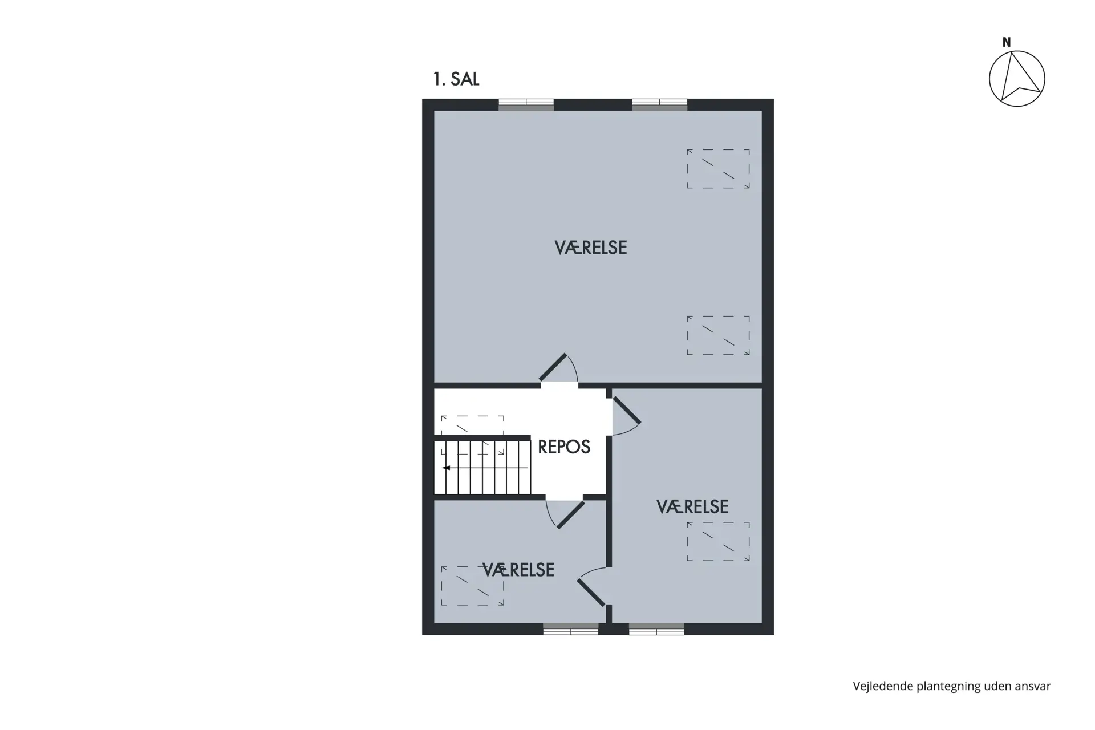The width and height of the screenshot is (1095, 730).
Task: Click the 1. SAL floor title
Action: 456,79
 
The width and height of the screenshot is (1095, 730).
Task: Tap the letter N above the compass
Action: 1007,42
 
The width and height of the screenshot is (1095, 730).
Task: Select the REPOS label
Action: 564,447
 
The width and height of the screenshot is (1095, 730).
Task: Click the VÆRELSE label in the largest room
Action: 591,248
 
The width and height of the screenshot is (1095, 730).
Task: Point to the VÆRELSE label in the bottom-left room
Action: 518,570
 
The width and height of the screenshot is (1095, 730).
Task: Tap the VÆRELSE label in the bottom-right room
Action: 692,506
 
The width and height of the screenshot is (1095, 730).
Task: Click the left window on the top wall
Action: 526,104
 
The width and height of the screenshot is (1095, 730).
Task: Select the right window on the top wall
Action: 659,104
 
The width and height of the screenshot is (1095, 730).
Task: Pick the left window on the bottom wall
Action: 571,629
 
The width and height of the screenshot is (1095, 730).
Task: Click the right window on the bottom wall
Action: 656,629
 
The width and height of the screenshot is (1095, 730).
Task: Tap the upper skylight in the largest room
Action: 718,169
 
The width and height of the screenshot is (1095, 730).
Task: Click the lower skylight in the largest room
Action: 718,335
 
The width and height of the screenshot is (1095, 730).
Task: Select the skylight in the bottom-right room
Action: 718,541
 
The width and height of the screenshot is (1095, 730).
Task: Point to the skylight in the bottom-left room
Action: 473,586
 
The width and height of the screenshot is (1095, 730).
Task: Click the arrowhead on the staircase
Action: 446,468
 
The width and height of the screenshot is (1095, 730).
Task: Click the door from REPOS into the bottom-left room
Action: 565,514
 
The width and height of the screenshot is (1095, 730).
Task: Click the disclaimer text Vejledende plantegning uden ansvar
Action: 952,686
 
